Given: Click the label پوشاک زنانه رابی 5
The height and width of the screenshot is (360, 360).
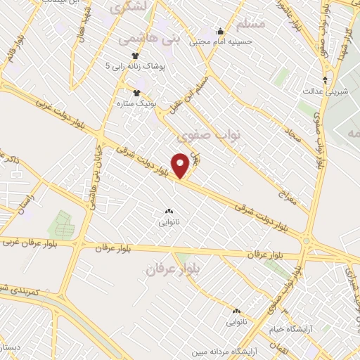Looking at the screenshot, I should [134, 66].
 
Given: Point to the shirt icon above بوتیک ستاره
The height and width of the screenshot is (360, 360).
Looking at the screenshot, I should [137, 91].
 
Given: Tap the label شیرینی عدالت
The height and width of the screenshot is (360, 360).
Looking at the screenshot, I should [321, 91].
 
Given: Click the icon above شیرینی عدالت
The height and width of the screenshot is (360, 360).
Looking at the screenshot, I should [325, 79].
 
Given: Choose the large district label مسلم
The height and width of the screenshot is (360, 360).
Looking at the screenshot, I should [251, 25].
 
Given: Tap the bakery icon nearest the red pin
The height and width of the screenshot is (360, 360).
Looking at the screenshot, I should [168, 211].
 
